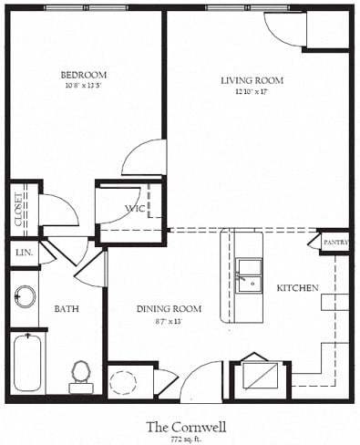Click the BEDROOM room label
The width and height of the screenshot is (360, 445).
point(83,74)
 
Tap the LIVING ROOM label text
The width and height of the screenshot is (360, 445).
point(252,80)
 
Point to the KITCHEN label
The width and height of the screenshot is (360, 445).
point(298,288)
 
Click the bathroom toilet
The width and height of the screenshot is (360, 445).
point(81,373)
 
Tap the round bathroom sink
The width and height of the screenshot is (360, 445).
point(25,296)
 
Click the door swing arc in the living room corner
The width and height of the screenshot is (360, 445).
point(283,27)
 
